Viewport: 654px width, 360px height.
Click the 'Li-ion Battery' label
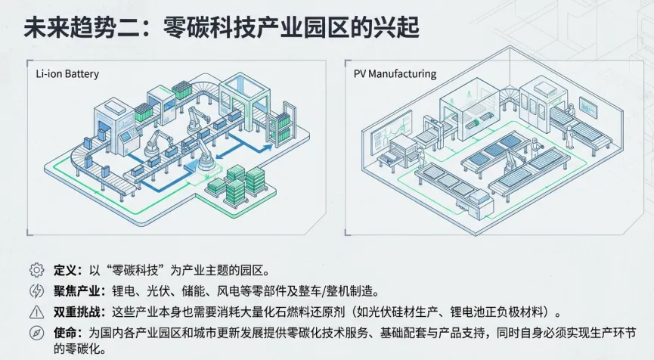point(67,74)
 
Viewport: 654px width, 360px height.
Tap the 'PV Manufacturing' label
point(395,74)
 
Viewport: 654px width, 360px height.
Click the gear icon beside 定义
point(36,270)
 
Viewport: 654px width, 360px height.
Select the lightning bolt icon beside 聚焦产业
point(36,290)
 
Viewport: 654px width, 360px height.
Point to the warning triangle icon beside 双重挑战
point(36,311)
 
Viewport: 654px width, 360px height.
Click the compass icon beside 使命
point(36,332)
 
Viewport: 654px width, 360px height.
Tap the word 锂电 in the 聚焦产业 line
point(122,290)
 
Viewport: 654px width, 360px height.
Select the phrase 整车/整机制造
point(337,290)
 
